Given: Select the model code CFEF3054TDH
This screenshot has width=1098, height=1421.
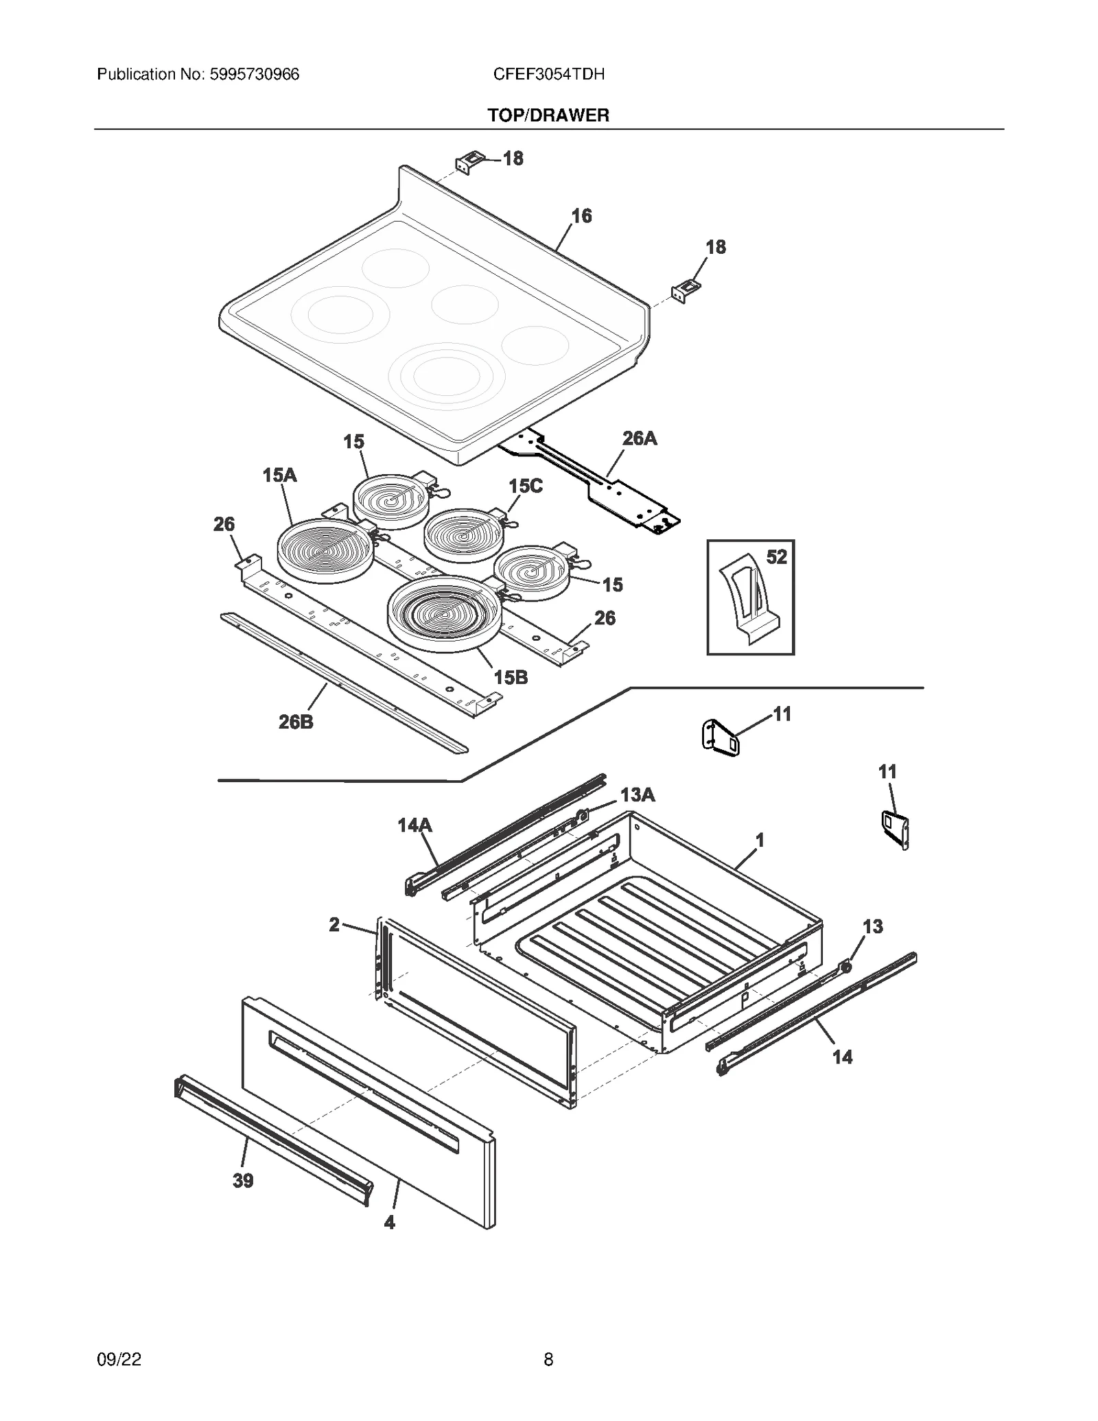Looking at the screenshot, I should coord(548,74).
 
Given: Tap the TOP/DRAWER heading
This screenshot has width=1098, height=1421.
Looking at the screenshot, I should coord(548,115).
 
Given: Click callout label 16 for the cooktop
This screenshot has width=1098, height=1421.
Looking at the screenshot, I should coord(581,216).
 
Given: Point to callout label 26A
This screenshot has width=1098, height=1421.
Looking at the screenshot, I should coord(639,438).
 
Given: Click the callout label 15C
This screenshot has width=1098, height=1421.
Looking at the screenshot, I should coord(525,486).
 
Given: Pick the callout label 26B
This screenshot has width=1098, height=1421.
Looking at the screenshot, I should coord(296,722).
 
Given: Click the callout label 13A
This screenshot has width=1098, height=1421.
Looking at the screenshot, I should coord(638,795).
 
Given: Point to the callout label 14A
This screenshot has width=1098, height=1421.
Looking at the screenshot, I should coord(414,825).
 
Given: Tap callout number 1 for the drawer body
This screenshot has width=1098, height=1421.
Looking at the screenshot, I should coord(760,840).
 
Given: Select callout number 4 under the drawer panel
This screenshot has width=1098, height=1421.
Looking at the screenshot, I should coord(389,1222).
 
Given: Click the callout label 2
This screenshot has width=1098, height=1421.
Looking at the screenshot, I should coord(334,925).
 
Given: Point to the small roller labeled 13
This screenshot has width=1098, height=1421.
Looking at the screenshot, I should coord(846,967).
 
